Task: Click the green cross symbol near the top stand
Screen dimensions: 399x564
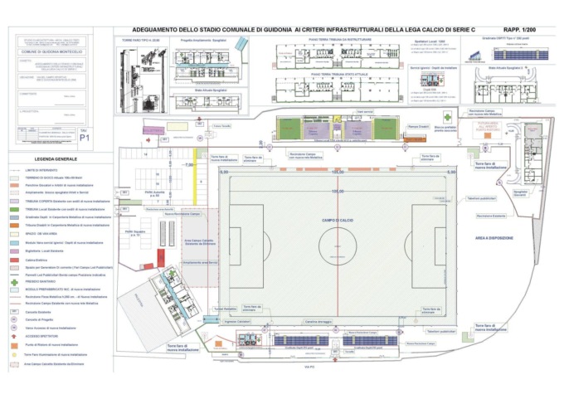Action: pos(448,118)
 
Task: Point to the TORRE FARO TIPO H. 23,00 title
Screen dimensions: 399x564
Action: pos(139,39)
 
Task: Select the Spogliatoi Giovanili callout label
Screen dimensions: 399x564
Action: pos(521,192)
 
